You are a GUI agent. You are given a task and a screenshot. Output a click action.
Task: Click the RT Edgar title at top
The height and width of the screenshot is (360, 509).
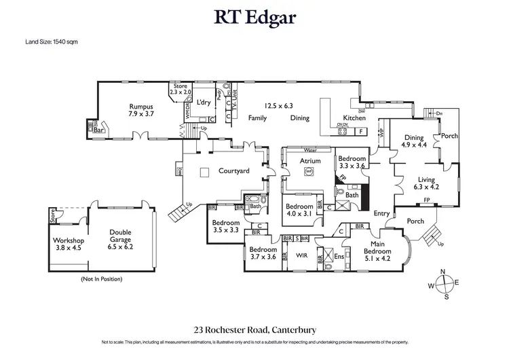pos(254,16)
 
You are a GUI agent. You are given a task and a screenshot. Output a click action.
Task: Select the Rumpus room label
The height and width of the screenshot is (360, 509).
pos(142,110)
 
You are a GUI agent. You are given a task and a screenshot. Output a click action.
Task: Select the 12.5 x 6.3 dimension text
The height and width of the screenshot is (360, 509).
pos(279,105)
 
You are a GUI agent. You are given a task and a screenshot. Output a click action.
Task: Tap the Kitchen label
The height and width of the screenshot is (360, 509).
pos(354,118)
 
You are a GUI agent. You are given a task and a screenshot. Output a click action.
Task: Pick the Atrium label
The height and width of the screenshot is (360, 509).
pos(310,161)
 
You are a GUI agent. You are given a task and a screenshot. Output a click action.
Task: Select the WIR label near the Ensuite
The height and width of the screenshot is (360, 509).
pos(301,255)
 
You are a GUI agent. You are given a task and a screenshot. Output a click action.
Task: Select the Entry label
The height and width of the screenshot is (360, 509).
pos(382,213)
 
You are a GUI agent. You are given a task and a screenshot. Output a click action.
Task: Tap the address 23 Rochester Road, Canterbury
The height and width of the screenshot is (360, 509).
pos(254,329)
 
